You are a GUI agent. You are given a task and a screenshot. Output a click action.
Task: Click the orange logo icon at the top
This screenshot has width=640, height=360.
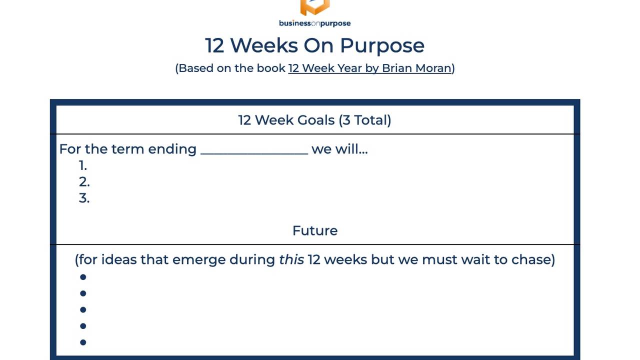[x=314, y=7]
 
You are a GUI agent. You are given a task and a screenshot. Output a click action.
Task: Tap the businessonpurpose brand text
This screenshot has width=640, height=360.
[x=314, y=23]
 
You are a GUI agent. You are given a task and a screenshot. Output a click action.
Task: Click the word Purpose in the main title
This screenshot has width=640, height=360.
[x=382, y=45]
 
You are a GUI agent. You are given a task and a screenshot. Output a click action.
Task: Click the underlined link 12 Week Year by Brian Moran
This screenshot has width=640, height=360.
[x=369, y=68]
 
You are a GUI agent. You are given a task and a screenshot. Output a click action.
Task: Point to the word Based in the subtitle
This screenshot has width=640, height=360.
[x=195, y=68]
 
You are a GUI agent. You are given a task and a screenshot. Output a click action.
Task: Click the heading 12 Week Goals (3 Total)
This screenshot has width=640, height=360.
[x=314, y=120]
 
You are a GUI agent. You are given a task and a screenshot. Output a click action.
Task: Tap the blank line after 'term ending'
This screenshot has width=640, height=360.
[x=254, y=150]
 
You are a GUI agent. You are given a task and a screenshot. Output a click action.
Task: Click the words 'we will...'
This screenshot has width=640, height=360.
[x=339, y=149]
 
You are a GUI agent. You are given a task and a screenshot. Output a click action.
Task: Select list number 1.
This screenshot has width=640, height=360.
[x=83, y=165]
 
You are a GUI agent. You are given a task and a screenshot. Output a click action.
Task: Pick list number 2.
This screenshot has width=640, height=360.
[x=84, y=182]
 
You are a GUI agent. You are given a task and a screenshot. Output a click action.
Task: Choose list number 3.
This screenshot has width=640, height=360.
[x=84, y=198]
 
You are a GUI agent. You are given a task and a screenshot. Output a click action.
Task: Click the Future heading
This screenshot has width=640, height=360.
[x=314, y=230]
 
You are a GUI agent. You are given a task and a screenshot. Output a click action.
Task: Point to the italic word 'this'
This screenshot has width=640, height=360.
[x=291, y=259]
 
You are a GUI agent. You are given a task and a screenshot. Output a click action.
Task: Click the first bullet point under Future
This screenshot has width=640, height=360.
[x=83, y=277]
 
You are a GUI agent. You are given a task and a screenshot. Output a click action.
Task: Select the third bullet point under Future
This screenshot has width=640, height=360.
[x=83, y=309]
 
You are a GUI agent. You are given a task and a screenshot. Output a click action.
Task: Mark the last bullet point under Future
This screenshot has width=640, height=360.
[x=83, y=342]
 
